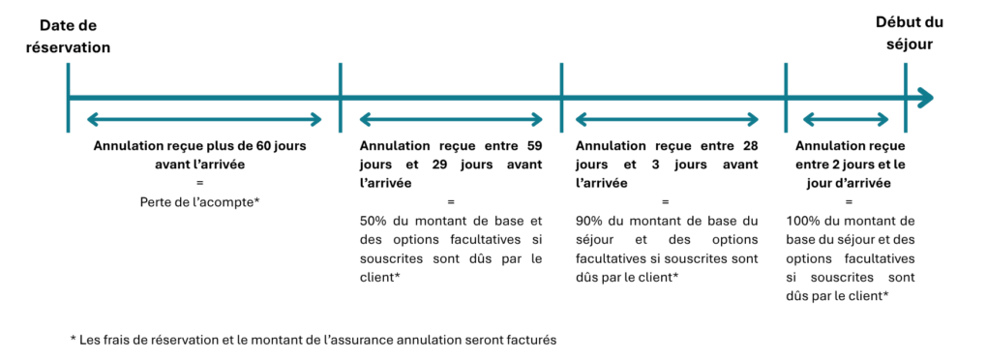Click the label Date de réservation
(68, 37)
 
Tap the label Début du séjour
(910, 34)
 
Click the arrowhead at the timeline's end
(925, 98)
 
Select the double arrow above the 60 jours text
(204, 119)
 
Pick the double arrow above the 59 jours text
(450, 119)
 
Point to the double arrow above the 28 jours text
(668, 119)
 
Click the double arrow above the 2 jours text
(846, 119)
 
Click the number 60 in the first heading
(264, 146)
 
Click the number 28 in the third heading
(750, 146)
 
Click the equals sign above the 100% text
(849, 202)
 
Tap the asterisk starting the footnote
(73, 339)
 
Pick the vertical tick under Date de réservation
(68, 98)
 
